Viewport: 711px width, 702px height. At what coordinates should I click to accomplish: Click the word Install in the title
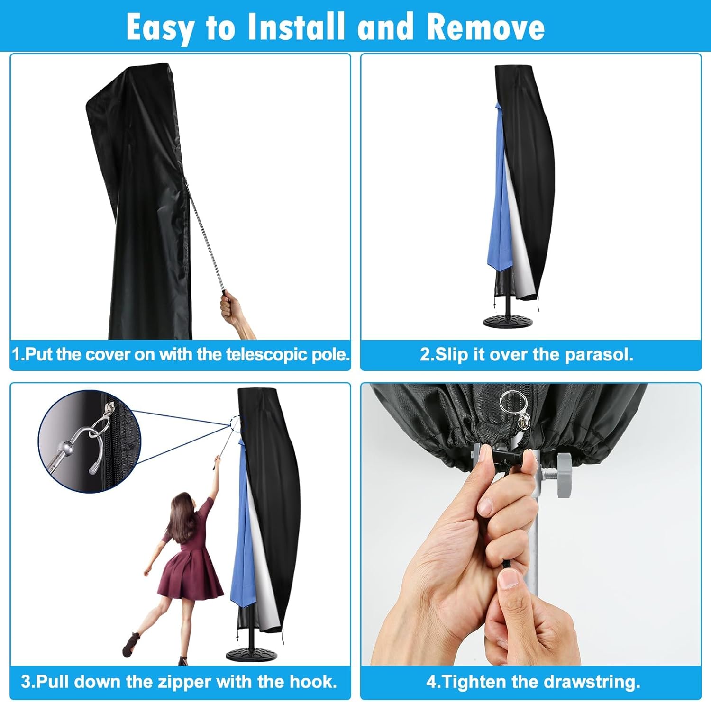[x=297, y=27]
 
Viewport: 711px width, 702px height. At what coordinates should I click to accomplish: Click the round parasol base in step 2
[x=510, y=319]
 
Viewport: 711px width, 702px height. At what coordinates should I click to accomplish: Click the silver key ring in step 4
[x=510, y=403]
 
